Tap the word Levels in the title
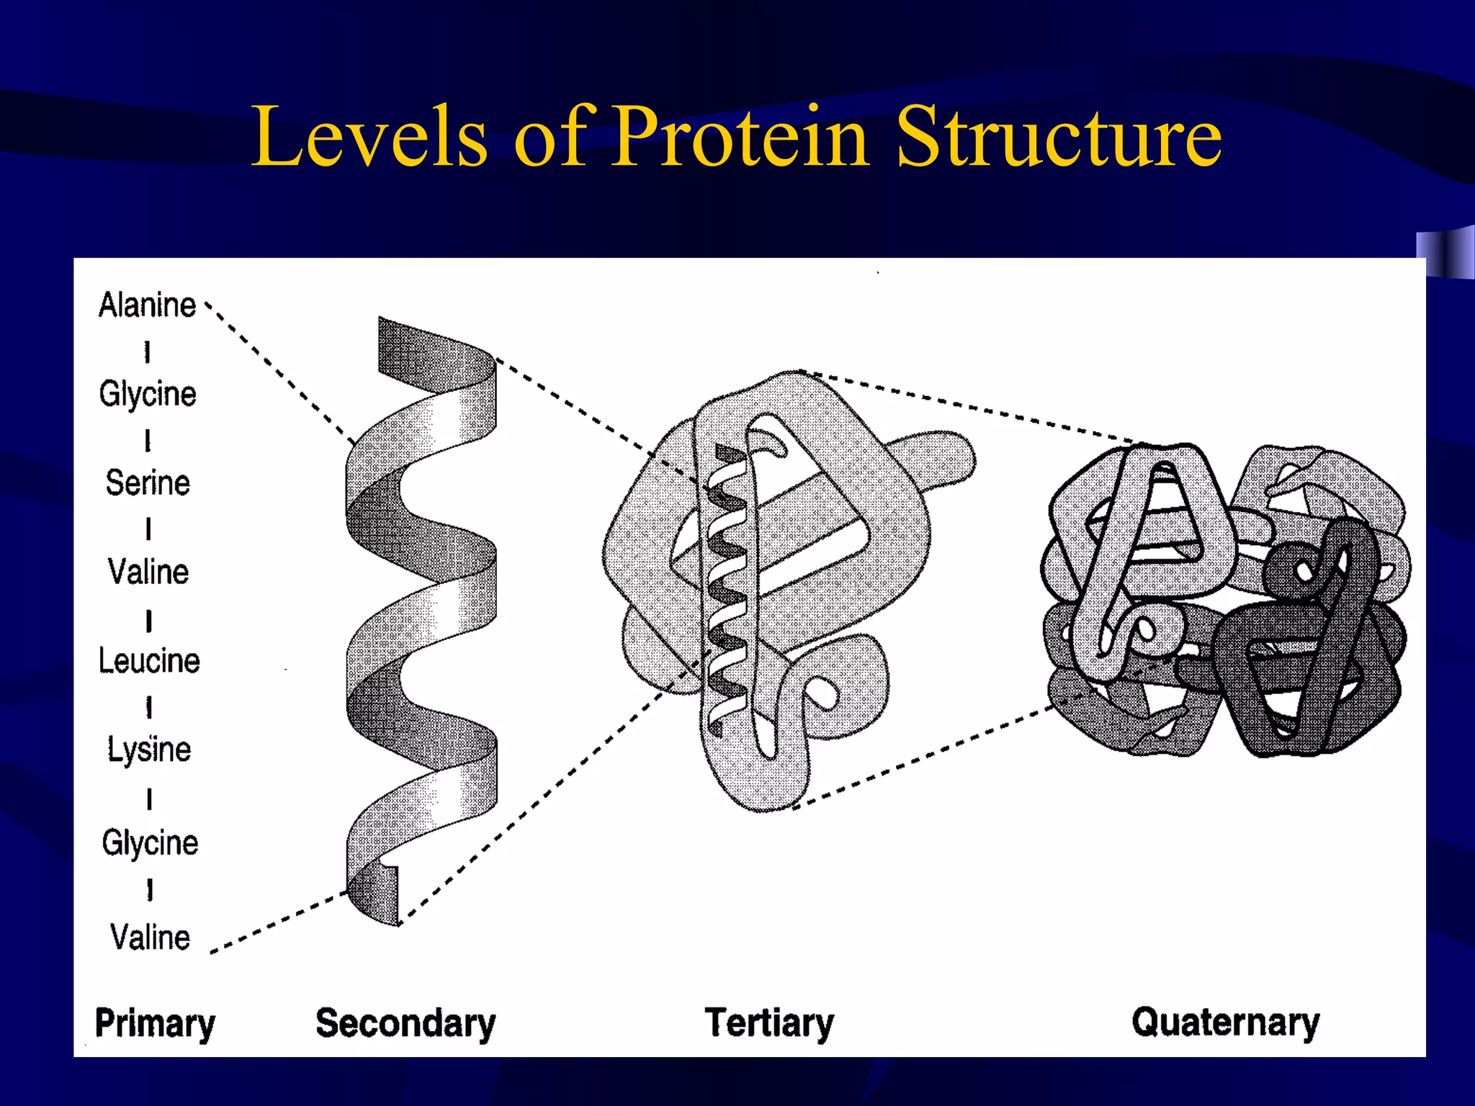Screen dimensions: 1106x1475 (x=369, y=137)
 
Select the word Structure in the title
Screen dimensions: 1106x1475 (x=1059, y=137)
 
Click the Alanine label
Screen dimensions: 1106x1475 (x=148, y=305)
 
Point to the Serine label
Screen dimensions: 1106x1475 (x=148, y=482)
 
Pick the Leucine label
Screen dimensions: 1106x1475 (x=149, y=660)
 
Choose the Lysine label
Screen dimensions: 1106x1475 (x=149, y=750)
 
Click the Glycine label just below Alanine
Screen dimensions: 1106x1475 (x=148, y=394)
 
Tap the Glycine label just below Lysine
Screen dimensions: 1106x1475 (x=150, y=842)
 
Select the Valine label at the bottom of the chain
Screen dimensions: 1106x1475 (x=150, y=937)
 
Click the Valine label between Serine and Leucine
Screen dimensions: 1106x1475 (x=148, y=572)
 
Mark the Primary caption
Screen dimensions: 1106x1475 (x=155, y=1023)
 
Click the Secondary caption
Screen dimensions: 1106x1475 (x=405, y=1023)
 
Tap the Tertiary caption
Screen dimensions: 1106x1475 (x=769, y=1022)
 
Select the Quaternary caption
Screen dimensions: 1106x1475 (x=1225, y=1022)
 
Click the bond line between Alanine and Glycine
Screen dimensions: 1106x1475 (x=147, y=352)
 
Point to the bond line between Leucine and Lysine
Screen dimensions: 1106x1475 (x=149, y=707)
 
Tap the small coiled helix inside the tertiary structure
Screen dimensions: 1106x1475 (x=727, y=590)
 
